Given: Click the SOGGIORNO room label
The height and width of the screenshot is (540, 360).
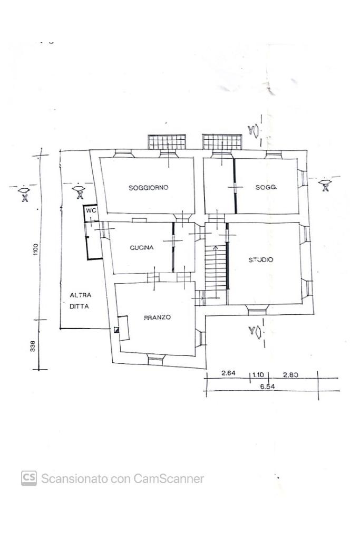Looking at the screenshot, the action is (x=148, y=188).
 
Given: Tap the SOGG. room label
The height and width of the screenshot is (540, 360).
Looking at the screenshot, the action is (x=266, y=187).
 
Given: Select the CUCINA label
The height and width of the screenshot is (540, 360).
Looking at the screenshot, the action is (x=141, y=247).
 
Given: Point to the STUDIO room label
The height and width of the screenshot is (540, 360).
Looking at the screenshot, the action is (x=261, y=259).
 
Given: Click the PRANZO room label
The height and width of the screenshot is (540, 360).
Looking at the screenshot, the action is (x=157, y=317).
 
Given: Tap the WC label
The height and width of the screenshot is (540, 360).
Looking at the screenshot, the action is (x=91, y=210).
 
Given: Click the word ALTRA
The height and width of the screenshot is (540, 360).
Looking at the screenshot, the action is (x=81, y=295).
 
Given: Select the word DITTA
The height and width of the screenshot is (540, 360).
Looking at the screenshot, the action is (x=79, y=306).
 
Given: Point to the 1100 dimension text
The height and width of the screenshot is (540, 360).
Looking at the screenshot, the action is (x=35, y=249).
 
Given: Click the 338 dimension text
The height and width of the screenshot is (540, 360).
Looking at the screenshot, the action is (x=33, y=346).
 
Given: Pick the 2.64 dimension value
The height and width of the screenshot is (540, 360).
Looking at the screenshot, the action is (x=229, y=373).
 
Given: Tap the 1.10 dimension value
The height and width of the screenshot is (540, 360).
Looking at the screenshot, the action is (x=258, y=375).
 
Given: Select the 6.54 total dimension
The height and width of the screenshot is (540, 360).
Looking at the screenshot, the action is (x=267, y=387).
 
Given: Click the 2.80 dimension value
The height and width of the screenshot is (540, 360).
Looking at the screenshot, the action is (x=290, y=375).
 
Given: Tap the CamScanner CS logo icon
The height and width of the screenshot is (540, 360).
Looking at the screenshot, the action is (x=29, y=478).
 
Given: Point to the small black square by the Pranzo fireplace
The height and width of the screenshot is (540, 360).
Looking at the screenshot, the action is (x=116, y=330).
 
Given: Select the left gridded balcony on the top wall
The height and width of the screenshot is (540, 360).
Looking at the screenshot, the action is (x=167, y=142).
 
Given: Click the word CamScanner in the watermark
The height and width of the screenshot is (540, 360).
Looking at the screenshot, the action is (x=169, y=479).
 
